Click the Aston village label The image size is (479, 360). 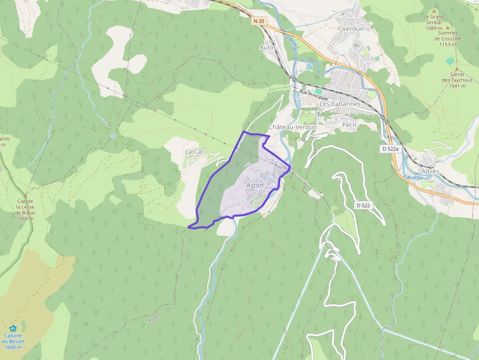[x=255, y=186]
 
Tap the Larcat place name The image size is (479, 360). [x=195, y=152]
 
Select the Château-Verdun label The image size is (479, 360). [x=293, y=127]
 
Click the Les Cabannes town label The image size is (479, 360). [x=340, y=104]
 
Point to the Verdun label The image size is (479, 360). [x=353, y=29]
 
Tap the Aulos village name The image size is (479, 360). [x=268, y=47]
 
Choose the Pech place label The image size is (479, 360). [x=349, y=125]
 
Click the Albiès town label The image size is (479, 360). [x=430, y=172]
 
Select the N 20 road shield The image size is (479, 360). [x=259, y=21]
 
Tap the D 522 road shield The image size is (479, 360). [x=363, y=206]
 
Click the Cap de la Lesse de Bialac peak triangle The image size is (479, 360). [x=25, y=195]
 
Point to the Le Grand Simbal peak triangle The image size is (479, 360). [x=434, y=11]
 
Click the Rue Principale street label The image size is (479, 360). [x=314, y=94]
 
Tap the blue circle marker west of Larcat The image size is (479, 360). [x=113, y=136]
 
